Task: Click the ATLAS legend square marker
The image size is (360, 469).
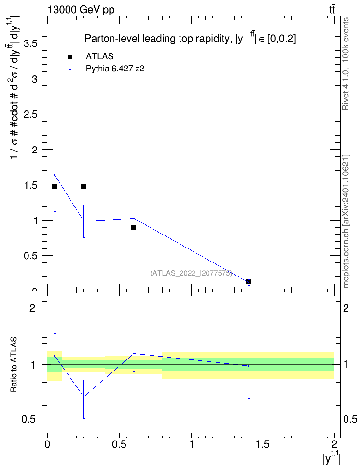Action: pos(70,57)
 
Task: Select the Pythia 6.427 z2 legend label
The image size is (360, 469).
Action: pos(115,69)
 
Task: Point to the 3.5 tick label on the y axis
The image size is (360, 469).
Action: pos(30,44)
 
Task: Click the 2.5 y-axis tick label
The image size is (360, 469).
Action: pos(30,114)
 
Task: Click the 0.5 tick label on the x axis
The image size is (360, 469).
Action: pos(119,444)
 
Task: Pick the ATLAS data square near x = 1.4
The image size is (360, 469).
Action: pos(249,282)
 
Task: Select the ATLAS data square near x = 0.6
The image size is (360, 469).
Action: pos(134,228)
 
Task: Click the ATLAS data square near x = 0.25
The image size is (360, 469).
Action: pos(83,187)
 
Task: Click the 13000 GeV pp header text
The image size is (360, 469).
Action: pos(81,10)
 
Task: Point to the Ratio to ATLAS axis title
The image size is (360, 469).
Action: pos(14,364)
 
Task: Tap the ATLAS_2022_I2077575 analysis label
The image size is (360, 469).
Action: pos(191,273)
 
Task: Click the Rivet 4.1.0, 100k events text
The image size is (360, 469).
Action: pos(346,64)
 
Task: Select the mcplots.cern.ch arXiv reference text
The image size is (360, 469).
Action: pos(346,221)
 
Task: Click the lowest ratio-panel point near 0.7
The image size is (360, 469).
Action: pos(83,397)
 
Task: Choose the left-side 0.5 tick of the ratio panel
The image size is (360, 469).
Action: pos(28,420)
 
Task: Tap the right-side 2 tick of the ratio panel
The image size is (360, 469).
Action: pos(346,308)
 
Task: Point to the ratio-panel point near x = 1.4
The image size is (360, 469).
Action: pos(249,366)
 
